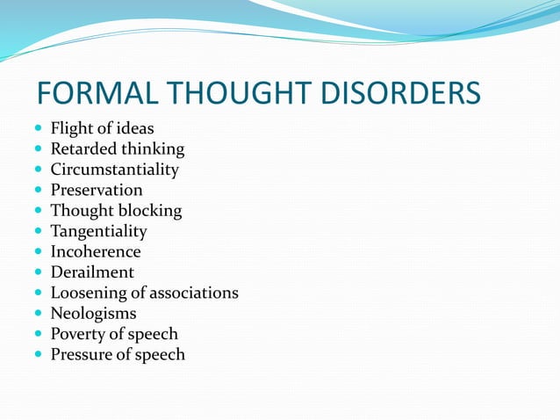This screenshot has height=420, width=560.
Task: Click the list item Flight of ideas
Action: (102, 129)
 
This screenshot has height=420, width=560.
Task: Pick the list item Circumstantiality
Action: (114, 170)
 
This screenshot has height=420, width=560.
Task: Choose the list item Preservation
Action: (97, 190)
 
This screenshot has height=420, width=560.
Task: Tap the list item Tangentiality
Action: (98, 231)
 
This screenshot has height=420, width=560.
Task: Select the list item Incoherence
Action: (96, 252)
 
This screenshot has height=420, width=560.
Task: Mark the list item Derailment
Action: (92, 272)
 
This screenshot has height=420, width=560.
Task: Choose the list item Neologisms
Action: (93, 314)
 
